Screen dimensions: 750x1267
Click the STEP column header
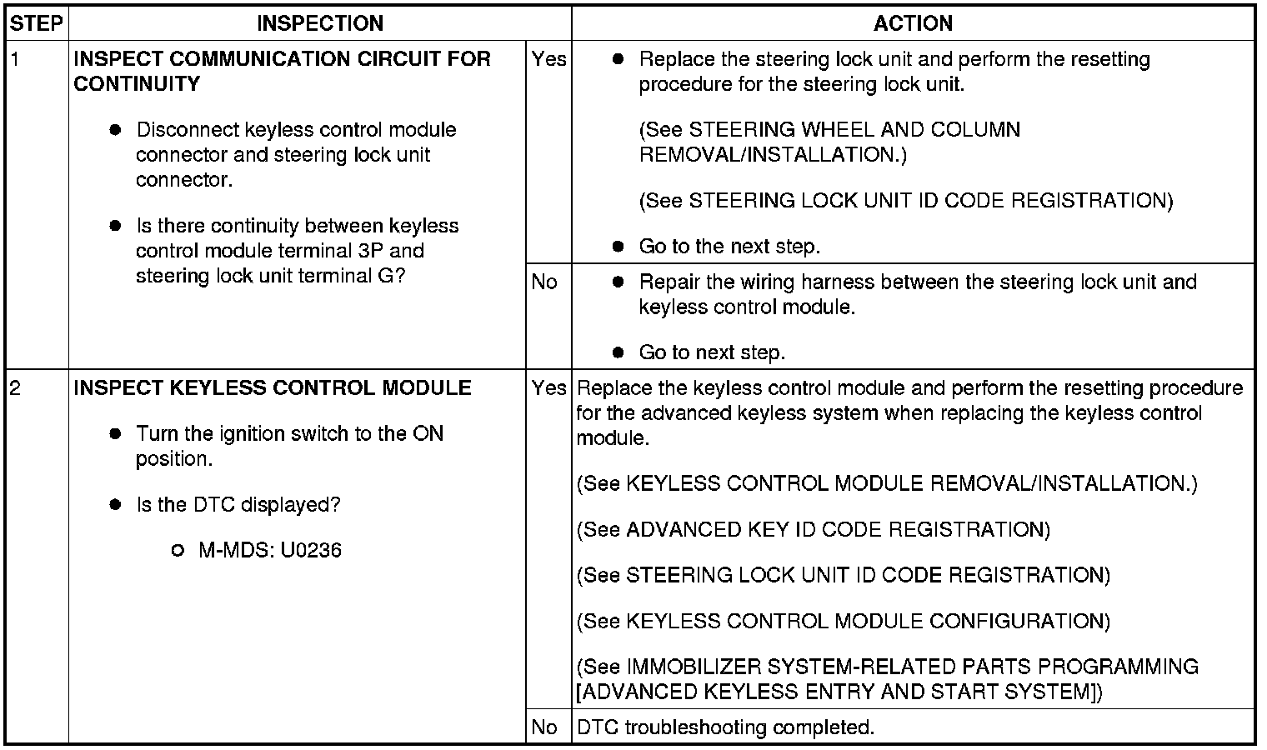pos(37,23)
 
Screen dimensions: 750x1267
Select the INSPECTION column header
pos(320,23)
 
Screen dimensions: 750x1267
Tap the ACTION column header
pos(913,23)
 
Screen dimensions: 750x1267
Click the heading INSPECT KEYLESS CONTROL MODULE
pos(273,388)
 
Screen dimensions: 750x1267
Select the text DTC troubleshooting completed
pos(725,727)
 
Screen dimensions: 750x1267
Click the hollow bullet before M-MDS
pos(177,551)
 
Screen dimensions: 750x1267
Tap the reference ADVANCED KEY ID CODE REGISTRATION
pos(836,530)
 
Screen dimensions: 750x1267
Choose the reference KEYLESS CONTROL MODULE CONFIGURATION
pos(866,622)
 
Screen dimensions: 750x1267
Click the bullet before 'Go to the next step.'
pos(618,247)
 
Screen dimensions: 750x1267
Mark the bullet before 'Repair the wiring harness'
pos(618,282)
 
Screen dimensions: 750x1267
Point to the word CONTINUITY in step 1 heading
pos(137,84)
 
